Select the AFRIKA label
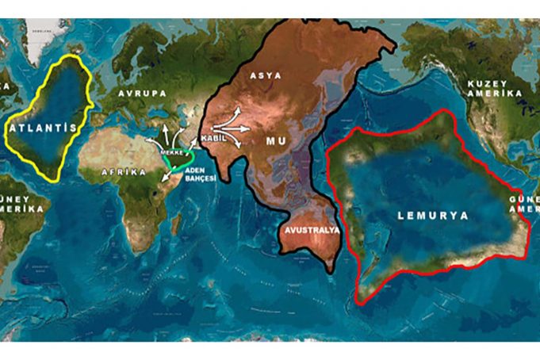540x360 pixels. click(124, 172)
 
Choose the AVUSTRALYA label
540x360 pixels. click(312, 231)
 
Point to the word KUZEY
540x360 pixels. click(484, 83)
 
